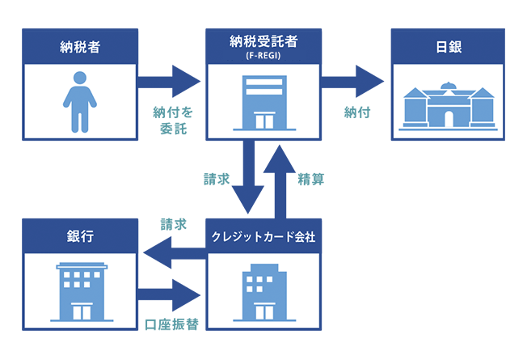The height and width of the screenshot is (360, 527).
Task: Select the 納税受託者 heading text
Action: pos(263,39)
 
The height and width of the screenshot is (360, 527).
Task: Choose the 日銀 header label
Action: pos(447,44)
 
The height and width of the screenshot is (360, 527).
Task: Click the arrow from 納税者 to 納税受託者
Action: pos(168,82)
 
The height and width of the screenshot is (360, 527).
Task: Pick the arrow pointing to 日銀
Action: pos(352,82)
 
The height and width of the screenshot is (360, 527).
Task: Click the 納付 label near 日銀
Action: pos(356,112)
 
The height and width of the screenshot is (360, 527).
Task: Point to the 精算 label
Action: pos(311,178)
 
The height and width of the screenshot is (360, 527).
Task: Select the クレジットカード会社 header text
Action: pos(263,237)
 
